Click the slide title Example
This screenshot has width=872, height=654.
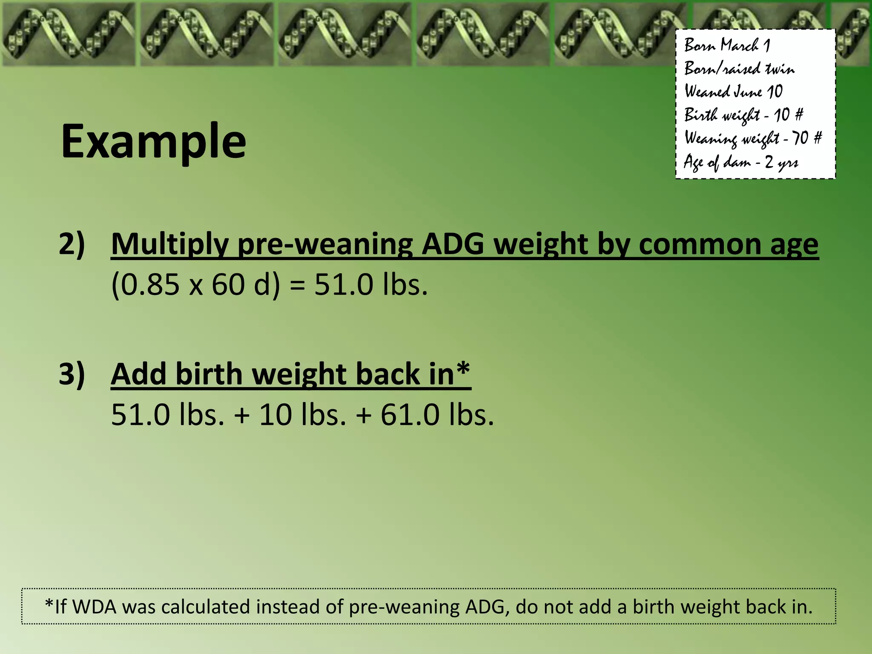(153, 142)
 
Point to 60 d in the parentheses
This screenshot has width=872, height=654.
(241, 285)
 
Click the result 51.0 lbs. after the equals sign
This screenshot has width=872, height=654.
(370, 285)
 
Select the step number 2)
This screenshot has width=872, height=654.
(72, 244)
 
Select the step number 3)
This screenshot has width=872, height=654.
(72, 374)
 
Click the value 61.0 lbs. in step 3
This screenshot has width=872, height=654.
(437, 415)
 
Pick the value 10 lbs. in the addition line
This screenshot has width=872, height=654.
(302, 415)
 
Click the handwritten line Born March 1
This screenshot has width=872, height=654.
(727, 45)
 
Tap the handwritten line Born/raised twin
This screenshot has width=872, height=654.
(739, 69)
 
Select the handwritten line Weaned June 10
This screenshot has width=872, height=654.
(733, 92)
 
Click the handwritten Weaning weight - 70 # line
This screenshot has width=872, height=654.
(753, 138)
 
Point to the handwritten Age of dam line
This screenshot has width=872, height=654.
(741, 162)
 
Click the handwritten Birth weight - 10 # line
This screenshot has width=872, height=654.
(743, 115)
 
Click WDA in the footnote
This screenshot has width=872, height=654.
(95, 607)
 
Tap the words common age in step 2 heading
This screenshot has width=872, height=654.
(728, 245)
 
